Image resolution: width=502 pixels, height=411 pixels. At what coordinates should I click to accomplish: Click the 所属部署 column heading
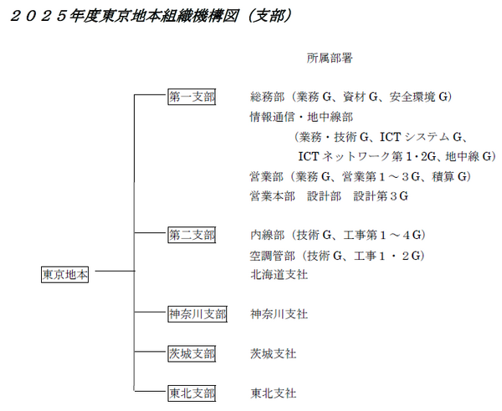pos(330,58)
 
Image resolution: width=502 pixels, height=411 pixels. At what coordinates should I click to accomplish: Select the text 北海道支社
pos(279,275)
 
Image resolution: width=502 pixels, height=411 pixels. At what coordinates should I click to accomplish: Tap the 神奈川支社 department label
pos(279,314)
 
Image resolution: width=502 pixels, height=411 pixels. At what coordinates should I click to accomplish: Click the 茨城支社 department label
pos(273,354)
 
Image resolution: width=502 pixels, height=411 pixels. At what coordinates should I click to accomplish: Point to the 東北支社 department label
pos(273,393)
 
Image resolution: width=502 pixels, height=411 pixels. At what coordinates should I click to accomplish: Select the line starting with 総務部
pos(351,97)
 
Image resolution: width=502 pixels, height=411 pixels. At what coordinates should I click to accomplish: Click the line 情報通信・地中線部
pos(301,117)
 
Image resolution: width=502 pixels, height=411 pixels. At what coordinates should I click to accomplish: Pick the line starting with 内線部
pos(338,236)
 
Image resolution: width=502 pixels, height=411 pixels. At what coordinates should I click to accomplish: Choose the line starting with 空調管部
pos(337,256)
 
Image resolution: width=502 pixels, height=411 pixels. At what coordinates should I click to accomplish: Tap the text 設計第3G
pos(381,196)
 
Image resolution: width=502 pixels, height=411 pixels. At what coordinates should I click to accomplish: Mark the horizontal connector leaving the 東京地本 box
pos(115,271)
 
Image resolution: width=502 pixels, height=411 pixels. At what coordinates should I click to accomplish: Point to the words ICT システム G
pos(422,137)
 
